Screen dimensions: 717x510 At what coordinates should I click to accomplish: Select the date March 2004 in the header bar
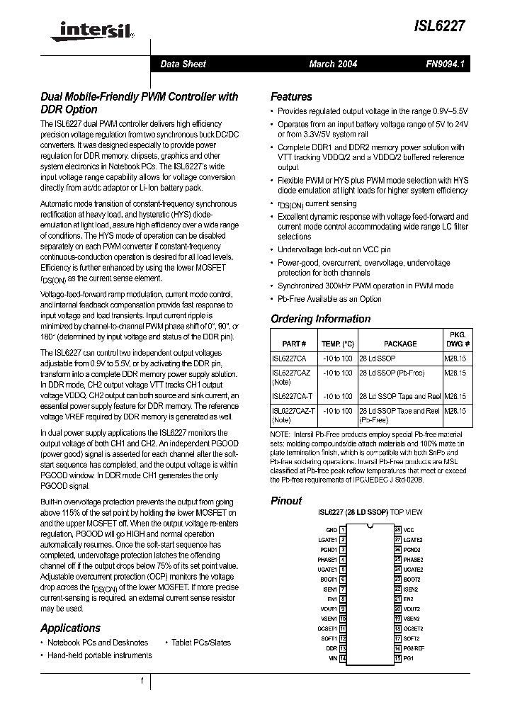(333, 64)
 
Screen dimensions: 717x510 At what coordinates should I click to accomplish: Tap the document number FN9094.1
(444, 64)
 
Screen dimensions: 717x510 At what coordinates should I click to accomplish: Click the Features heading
(291, 96)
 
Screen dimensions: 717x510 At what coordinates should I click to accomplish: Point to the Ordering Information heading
(320, 319)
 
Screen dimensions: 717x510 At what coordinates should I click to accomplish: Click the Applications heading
(70, 628)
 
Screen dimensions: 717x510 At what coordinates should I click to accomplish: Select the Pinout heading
(286, 500)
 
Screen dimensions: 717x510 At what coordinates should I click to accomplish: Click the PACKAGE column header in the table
(399, 344)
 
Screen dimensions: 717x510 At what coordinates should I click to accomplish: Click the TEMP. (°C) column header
(337, 344)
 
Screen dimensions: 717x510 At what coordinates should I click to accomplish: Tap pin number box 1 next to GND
(343, 529)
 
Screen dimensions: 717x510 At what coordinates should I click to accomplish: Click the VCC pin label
(409, 529)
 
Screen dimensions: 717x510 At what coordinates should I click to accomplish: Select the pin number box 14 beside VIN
(343, 658)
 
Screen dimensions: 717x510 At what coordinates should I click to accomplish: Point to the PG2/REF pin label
(414, 648)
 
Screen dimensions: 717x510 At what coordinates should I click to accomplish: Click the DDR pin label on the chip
(331, 648)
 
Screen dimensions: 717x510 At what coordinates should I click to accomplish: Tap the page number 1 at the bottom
(142, 681)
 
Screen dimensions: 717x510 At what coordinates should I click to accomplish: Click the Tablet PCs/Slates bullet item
(200, 643)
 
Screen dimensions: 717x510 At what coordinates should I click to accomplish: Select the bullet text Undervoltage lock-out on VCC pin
(334, 249)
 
